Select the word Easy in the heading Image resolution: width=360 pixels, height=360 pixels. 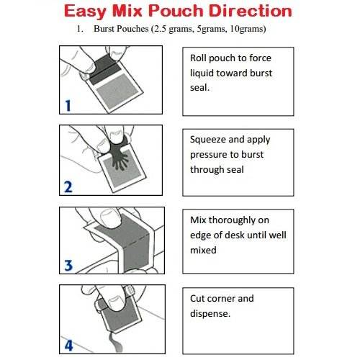coord(90,12)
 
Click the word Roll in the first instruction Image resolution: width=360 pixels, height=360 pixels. coord(200,58)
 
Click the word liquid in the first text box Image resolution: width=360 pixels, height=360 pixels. coord(203,73)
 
